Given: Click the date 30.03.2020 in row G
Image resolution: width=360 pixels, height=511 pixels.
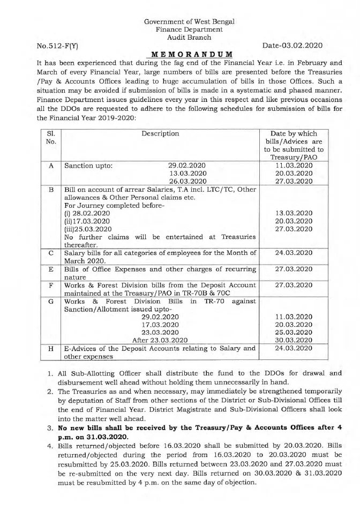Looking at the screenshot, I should (294, 340).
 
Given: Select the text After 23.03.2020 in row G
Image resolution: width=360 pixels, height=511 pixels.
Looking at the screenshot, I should (160, 340).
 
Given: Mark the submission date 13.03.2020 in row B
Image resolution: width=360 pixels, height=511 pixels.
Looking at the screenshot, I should (294, 213).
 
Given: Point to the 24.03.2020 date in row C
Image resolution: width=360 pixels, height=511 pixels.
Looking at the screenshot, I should (294, 252).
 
